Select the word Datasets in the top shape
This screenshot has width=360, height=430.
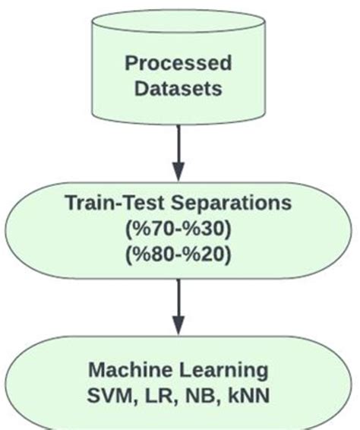[x=178, y=88]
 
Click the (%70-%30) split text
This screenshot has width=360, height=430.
[x=178, y=229]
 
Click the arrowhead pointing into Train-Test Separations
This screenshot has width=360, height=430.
[x=178, y=169]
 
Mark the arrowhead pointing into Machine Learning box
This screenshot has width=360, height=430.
[x=178, y=324]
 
